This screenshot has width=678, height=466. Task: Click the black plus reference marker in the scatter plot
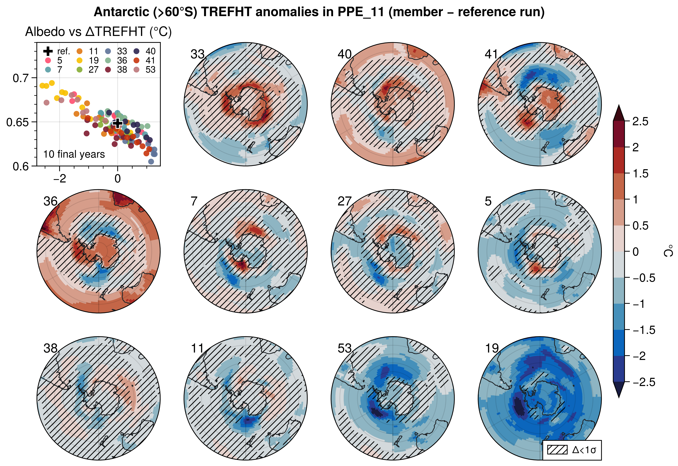[x=117, y=123]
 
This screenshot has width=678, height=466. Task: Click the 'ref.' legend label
[x=63, y=51]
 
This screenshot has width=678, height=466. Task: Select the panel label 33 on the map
[x=197, y=54]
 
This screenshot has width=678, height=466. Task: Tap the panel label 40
[x=345, y=54]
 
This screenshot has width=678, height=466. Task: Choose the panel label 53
[x=345, y=348]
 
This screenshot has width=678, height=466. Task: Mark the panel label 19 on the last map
[x=492, y=348]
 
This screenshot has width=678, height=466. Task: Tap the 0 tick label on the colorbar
[x=635, y=252]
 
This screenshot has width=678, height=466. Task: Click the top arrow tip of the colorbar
[x=618, y=106]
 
